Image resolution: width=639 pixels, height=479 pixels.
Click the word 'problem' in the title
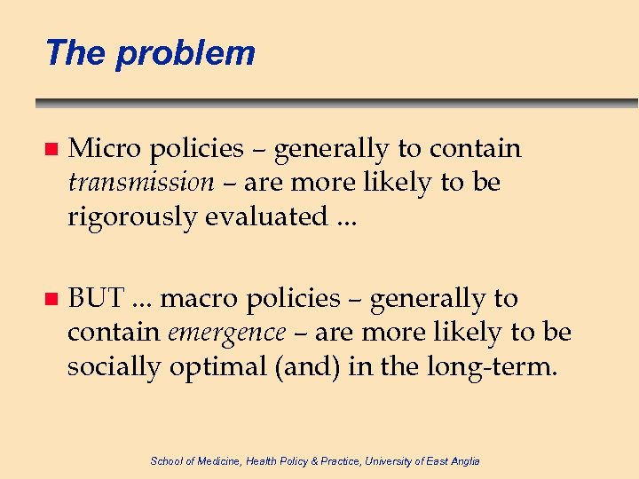coord(185,53)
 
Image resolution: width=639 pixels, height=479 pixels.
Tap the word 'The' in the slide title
coord(75,52)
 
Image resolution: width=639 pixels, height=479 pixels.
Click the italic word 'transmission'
coord(140,183)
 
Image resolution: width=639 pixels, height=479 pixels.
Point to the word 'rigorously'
coord(132,216)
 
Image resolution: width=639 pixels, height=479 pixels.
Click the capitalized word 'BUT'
coord(96,298)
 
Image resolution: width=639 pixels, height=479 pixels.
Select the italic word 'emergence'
coord(226,333)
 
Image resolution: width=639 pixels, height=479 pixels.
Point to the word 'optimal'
coord(221,366)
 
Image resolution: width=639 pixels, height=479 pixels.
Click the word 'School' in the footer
coord(165,460)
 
